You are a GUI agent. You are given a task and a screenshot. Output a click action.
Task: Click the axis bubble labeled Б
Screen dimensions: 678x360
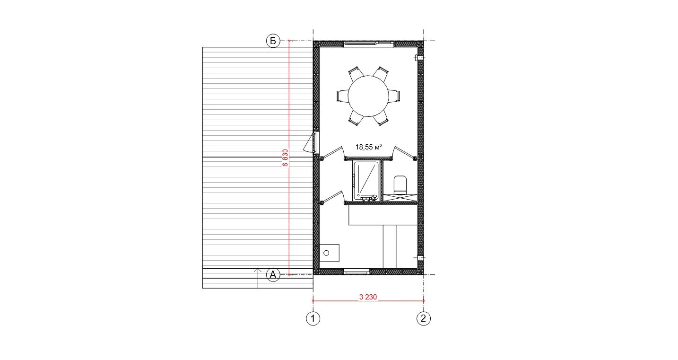pos(273,41)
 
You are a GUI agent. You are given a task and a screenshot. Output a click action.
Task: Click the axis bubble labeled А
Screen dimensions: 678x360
pos(273,275)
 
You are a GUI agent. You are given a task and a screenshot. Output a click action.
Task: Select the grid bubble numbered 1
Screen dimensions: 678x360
pos(313,318)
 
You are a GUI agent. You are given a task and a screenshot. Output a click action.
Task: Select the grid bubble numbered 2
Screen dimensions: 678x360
pos(424,318)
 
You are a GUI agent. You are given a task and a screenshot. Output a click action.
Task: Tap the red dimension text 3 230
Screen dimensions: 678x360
pos(368,297)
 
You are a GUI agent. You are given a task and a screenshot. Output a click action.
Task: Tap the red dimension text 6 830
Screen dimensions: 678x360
pos(285,158)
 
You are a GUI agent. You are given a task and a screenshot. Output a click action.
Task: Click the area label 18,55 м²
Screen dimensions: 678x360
pos(369,147)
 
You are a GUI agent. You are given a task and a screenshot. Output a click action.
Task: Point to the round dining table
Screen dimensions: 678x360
pos(368,96)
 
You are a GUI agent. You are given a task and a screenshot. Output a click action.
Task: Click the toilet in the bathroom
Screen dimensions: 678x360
pos(400,185)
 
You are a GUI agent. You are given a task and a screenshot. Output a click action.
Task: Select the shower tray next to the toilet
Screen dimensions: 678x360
pos(366,181)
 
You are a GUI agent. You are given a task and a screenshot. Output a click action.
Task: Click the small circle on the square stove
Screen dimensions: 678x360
pos(326,253)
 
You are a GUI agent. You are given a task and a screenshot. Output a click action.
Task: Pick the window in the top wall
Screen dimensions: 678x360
pos(368,44)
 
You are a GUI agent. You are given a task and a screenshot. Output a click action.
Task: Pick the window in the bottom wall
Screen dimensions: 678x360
pos(357,272)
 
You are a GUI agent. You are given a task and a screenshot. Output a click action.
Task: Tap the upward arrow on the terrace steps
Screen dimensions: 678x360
pos(258,278)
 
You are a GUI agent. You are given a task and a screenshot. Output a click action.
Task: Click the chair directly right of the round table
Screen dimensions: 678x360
pos(394,96)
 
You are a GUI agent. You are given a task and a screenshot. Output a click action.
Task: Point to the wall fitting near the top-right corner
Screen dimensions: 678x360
pos(419,58)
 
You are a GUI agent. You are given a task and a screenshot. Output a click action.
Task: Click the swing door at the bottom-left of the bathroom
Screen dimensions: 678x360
pos(331,197)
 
